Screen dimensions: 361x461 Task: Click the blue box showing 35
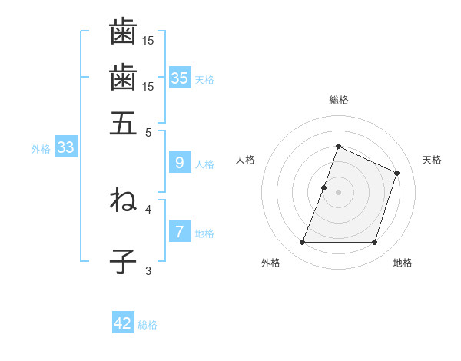(x=180, y=78)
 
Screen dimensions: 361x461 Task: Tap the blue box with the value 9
(x=180, y=162)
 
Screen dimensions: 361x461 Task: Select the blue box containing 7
(x=180, y=232)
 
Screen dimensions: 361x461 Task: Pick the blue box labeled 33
(x=65, y=148)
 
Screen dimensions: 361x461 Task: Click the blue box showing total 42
(x=123, y=323)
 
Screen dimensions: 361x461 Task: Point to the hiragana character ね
(x=123, y=200)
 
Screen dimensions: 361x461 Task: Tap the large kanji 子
(x=123, y=262)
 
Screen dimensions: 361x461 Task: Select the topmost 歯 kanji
(x=123, y=32)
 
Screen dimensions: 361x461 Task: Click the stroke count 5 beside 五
(x=148, y=131)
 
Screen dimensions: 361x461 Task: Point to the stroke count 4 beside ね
(x=148, y=208)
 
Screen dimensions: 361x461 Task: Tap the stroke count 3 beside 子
(x=148, y=270)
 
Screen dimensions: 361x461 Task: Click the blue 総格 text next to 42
(x=148, y=325)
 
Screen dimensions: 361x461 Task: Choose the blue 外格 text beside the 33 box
(x=40, y=149)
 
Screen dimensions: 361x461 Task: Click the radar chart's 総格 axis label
(x=338, y=100)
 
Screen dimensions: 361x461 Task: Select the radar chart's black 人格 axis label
(x=246, y=160)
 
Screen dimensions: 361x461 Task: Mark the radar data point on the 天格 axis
(x=397, y=173)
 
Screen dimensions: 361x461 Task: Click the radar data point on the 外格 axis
(x=302, y=243)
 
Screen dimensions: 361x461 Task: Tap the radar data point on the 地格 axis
(x=374, y=243)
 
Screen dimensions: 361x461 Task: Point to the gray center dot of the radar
(x=338, y=192)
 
